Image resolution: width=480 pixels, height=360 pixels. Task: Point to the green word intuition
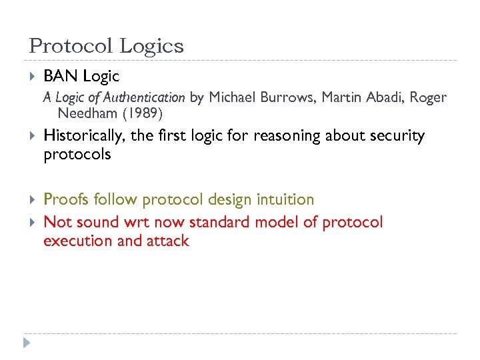click(282, 199)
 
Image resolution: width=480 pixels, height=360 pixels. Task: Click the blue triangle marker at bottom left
click(26, 343)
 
